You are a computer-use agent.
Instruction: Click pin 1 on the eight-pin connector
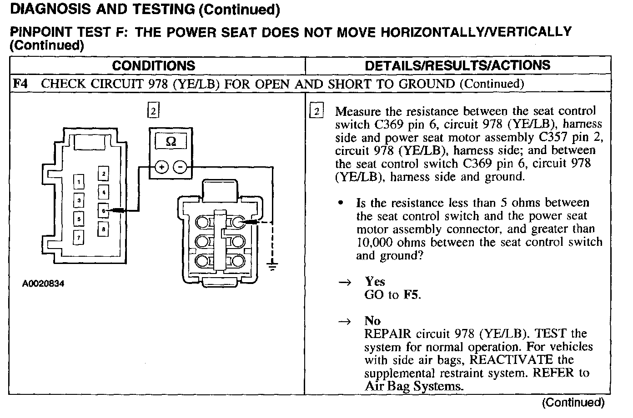pos(79,182)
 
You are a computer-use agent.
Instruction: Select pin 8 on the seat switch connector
pos(104,229)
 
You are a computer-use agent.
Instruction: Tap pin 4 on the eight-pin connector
pos(104,192)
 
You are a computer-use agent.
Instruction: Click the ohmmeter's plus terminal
pos(161,168)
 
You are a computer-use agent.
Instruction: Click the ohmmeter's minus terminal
pos(181,168)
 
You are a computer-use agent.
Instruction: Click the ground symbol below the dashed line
pos(272,266)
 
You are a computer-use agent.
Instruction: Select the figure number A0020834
pos(43,284)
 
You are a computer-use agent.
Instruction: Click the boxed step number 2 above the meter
pos(154,110)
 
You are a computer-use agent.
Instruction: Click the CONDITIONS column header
pos(153,66)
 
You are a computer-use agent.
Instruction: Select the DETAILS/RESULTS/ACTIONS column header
pos(457,65)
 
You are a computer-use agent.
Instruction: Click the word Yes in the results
pos(375,282)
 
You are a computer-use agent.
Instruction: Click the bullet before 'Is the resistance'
pos(341,203)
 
